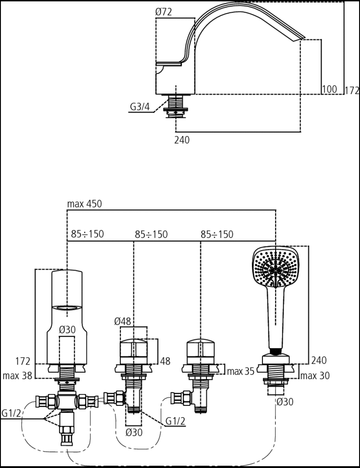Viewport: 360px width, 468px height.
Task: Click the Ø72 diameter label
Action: tap(163, 12)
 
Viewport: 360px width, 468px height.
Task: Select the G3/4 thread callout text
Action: tap(139, 107)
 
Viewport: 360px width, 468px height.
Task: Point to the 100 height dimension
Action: tap(329, 89)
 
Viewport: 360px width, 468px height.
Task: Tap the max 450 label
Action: tap(84, 204)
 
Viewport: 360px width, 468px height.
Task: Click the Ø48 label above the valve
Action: tap(123, 321)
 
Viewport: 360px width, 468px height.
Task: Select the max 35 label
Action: tap(241, 372)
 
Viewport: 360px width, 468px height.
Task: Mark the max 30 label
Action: tap(315, 375)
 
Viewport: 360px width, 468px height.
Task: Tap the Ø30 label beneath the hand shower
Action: tap(285, 401)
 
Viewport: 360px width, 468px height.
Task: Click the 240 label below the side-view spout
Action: tap(182, 140)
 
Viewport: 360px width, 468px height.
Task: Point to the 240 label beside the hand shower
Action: tap(319, 361)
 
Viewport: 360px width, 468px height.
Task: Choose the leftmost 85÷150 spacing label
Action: tap(87, 234)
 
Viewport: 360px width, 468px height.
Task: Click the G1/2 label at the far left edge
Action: tap(11, 414)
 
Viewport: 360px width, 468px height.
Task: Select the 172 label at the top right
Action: tap(352, 90)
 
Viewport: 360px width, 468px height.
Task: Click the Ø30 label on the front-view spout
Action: tap(67, 330)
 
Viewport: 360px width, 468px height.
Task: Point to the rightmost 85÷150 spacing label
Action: tap(217, 234)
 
